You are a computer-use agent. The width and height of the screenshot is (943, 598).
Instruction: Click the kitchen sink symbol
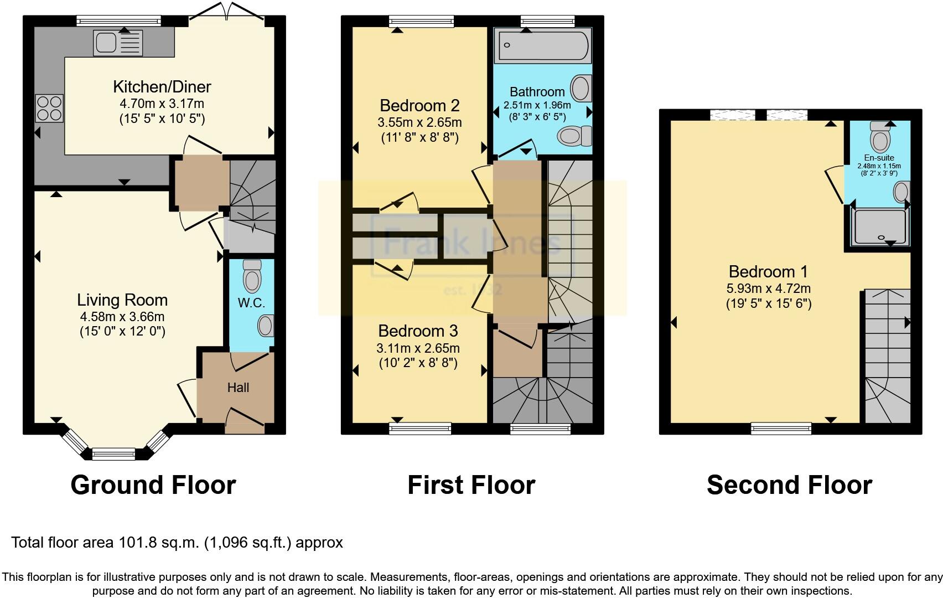click(118, 43)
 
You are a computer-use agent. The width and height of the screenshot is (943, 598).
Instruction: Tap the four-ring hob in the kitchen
click(49, 109)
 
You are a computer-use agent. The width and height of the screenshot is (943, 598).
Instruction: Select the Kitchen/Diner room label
click(162, 87)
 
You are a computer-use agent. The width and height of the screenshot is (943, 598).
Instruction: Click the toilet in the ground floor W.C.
click(252, 276)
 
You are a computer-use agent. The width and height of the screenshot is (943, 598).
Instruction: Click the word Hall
click(238, 388)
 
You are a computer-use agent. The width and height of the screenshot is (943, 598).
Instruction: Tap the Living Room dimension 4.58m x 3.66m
click(122, 317)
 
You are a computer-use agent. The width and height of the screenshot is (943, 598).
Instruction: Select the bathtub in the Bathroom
click(543, 46)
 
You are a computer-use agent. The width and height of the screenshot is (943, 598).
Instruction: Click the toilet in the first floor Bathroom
click(574, 136)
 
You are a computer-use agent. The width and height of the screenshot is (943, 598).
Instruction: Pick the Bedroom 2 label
click(419, 105)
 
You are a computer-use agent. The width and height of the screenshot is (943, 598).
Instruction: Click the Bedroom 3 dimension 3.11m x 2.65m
click(418, 348)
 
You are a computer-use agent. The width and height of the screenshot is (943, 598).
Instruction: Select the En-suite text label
click(879, 158)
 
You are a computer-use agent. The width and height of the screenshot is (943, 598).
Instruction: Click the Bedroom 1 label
click(768, 271)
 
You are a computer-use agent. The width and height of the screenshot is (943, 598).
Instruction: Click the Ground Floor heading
click(153, 485)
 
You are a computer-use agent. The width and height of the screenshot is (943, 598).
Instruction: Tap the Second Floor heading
click(789, 485)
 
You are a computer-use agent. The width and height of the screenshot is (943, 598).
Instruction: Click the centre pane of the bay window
click(113, 454)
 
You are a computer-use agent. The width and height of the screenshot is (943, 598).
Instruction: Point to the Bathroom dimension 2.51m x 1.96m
click(537, 105)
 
